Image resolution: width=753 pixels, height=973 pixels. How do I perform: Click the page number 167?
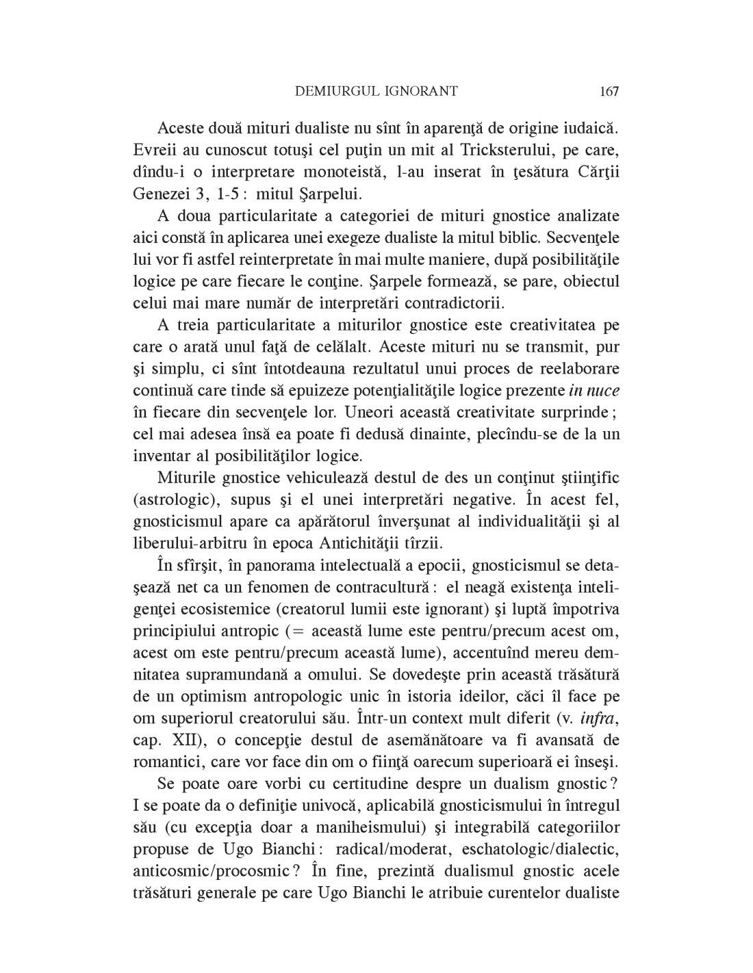point(608,91)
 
